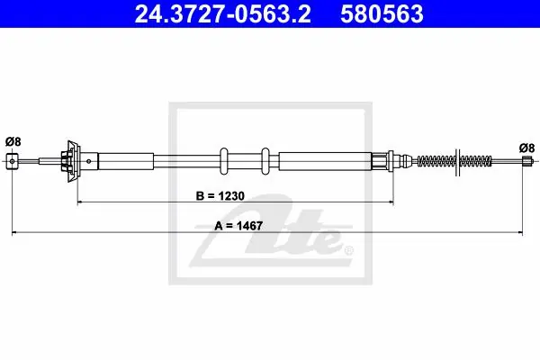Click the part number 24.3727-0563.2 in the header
(x=223, y=14)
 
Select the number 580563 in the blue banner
(x=382, y=14)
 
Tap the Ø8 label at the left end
(x=13, y=141)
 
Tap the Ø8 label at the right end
(x=526, y=148)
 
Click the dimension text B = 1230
(x=220, y=195)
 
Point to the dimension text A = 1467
(x=238, y=226)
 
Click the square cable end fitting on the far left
(x=13, y=161)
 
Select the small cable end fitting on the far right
(x=526, y=161)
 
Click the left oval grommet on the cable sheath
(x=223, y=161)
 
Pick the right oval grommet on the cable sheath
(x=265, y=161)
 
